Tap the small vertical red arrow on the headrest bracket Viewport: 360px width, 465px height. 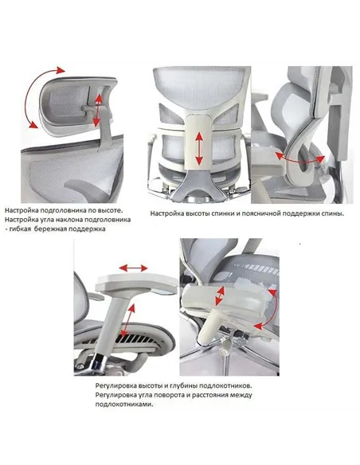click(97, 110)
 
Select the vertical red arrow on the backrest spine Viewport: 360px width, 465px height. click(199, 149)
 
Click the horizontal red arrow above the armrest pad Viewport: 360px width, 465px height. click(133, 268)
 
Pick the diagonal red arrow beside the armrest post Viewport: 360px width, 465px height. click(128, 320)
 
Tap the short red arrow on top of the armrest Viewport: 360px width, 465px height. click(220, 296)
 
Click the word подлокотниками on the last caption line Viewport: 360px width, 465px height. click(124, 404)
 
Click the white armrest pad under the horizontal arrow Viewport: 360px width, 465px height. click(136, 283)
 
